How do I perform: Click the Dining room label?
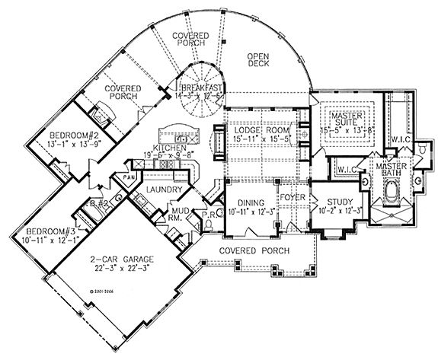[250, 202]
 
